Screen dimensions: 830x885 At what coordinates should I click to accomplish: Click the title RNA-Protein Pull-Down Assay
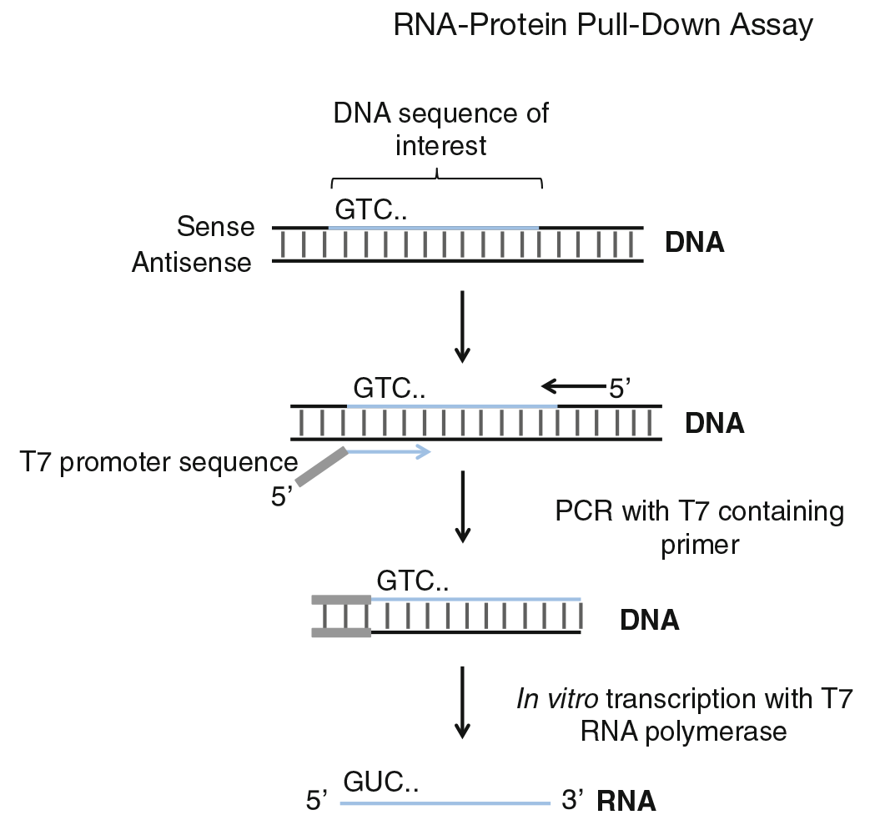[x=602, y=26]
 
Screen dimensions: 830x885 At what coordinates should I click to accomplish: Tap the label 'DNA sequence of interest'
[x=441, y=128]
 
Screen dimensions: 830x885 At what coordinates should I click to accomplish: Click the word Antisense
[x=191, y=263]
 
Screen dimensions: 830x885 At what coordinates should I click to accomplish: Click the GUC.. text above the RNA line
[x=380, y=782]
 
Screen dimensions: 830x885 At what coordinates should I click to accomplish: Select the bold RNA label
[x=626, y=802]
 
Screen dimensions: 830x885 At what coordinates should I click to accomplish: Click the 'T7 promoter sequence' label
[x=158, y=461]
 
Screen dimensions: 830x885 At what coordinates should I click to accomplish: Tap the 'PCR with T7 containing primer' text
[x=699, y=527]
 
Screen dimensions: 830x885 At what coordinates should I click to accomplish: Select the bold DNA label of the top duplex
[x=694, y=244]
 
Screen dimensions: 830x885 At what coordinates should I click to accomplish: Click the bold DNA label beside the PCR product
[x=649, y=621]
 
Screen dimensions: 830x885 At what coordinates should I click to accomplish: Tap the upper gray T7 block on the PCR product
[x=340, y=599]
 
